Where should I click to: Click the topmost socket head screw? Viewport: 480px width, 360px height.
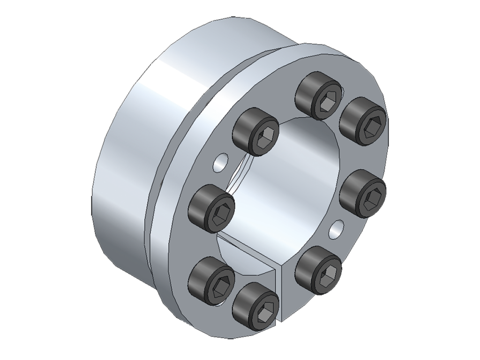click(319, 97)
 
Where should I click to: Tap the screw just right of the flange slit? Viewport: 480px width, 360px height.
click(320, 270)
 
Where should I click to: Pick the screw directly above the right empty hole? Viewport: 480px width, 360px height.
click(363, 194)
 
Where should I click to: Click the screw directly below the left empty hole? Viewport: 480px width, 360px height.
click(211, 209)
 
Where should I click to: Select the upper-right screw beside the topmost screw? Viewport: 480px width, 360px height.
click(363, 121)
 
